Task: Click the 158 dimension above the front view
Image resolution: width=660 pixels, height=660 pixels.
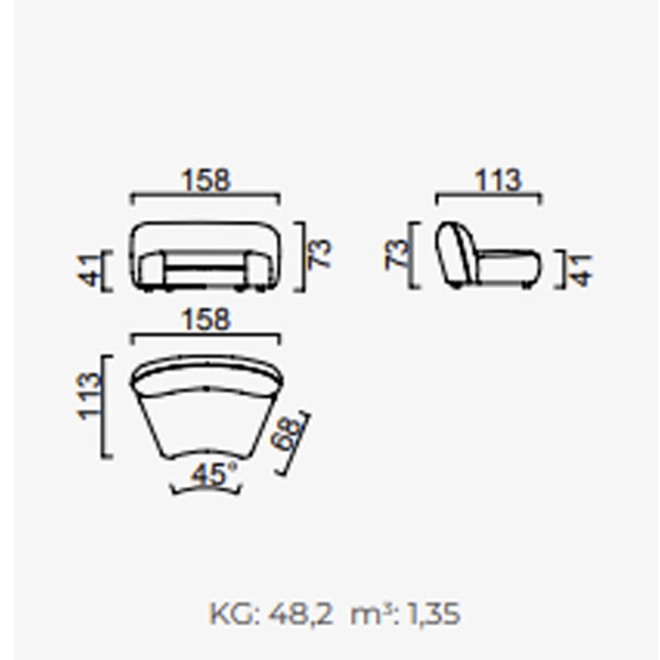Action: click(x=206, y=181)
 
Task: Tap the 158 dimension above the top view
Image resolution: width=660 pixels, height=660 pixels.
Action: click(x=206, y=320)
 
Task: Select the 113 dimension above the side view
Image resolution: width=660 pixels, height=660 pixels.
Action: click(x=498, y=181)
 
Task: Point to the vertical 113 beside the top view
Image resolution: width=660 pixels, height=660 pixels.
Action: click(x=89, y=396)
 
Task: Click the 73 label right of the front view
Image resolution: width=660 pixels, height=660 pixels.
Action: click(x=321, y=254)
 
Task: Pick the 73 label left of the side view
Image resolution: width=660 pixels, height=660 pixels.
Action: click(x=397, y=255)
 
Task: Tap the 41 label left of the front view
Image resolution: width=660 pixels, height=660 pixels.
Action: click(x=89, y=269)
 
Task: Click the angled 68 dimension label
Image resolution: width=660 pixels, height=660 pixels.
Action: click(x=287, y=434)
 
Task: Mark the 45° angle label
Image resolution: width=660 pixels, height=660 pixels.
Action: click(x=214, y=475)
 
